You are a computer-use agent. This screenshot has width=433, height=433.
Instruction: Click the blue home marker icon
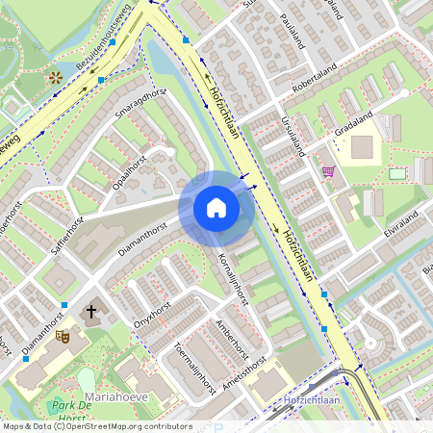[x=216, y=208]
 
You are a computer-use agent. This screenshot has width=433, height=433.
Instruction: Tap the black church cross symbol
[x=92, y=312]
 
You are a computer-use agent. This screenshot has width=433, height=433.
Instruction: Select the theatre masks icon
[x=63, y=336]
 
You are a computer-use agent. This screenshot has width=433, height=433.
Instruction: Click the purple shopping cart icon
[x=329, y=171]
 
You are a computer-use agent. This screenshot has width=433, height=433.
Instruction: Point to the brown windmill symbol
[x=55, y=76]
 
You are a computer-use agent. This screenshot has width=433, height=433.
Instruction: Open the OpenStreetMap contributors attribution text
[x=125, y=426]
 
